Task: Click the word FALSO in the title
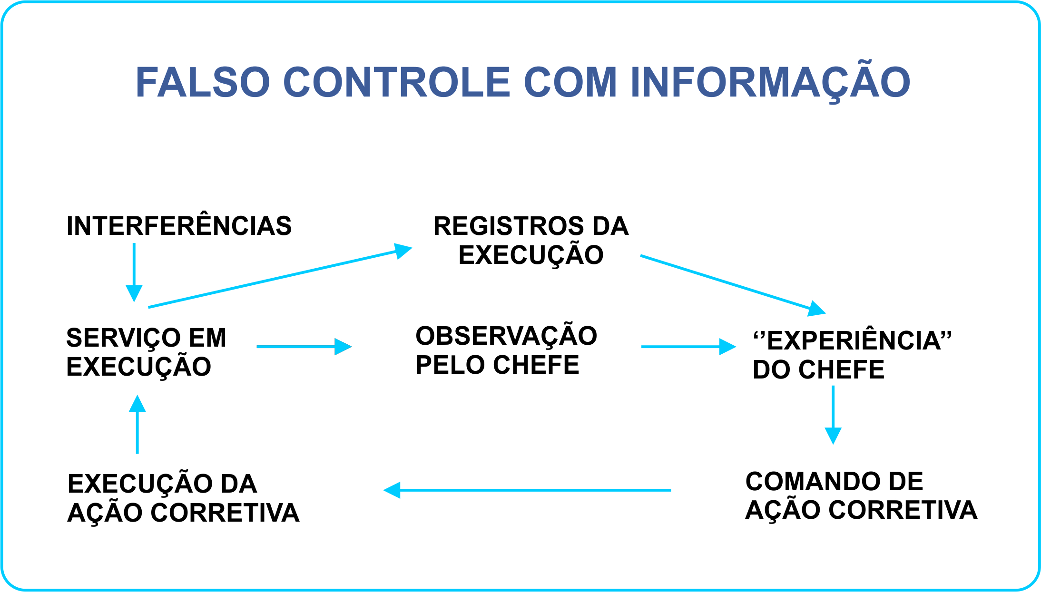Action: [x=203, y=82]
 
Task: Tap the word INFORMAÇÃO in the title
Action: [x=770, y=82]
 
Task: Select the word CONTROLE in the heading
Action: [x=397, y=82]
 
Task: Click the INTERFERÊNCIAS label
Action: [x=179, y=226]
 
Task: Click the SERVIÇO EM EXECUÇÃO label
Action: [x=146, y=352]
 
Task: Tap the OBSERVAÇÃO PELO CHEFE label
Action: [x=506, y=350]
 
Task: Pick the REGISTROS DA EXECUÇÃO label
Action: [x=531, y=240]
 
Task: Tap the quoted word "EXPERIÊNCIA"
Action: [x=852, y=340]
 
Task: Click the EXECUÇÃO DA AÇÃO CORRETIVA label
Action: [x=183, y=498]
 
